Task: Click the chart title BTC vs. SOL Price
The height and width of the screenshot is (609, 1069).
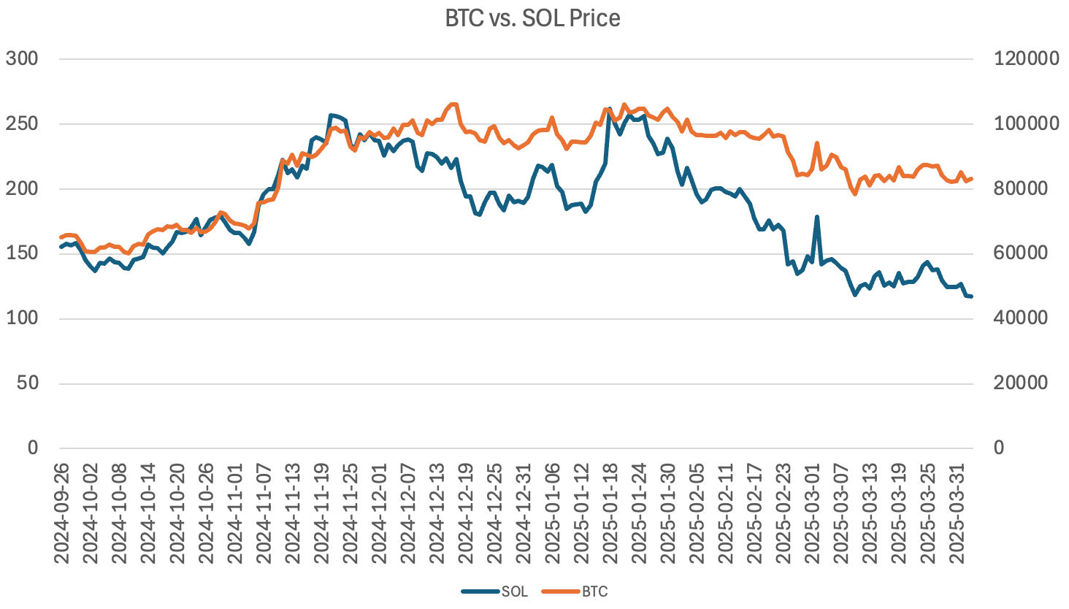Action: [532, 18]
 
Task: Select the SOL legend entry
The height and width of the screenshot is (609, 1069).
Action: [514, 591]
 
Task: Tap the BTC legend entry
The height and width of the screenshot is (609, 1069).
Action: [594, 591]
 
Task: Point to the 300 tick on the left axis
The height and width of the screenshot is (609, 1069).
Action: [22, 59]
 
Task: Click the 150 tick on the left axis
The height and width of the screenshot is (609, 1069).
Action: [22, 253]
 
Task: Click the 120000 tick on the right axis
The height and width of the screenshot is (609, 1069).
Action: [1026, 59]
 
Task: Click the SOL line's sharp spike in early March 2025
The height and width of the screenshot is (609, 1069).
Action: [816, 217]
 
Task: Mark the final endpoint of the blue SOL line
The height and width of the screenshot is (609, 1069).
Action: [971, 296]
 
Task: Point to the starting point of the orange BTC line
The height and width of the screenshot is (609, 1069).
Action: [61, 237]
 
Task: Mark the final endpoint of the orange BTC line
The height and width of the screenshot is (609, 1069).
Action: [971, 178]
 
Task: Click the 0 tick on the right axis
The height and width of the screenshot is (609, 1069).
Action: [999, 448]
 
